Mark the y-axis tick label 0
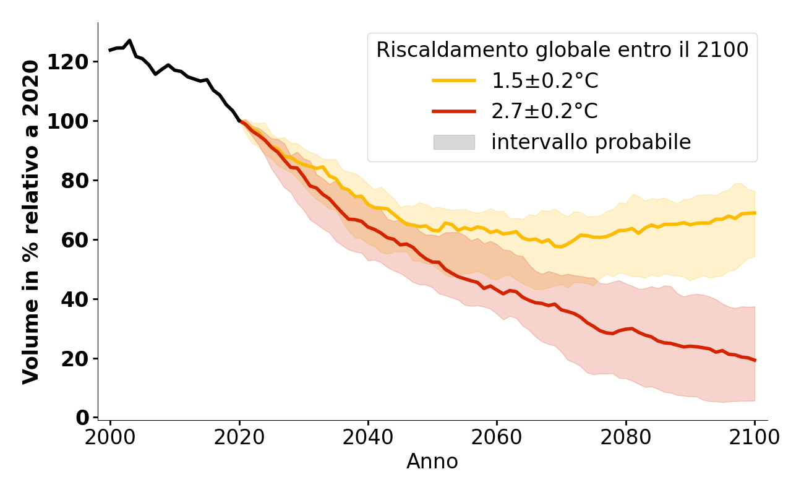pos(82,418)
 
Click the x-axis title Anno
pos(432,462)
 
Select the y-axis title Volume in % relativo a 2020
pos(31,222)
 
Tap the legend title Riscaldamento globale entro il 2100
pos(562,50)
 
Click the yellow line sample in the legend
pos(453,80)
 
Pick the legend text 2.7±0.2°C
pos(544,111)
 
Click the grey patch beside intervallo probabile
pos(453,142)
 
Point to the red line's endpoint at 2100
pos(755,360)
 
